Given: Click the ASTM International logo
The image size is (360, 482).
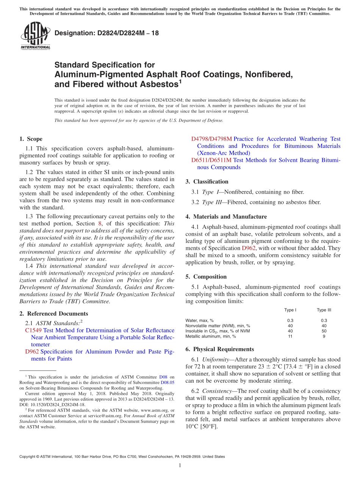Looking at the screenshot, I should click(x=35, y=36).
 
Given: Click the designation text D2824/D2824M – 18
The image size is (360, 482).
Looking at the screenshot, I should click(x=106, y=33).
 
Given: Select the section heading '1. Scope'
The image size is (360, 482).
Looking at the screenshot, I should click(x=31, y=139).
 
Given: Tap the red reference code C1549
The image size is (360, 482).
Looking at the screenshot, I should click(x=33, y=330).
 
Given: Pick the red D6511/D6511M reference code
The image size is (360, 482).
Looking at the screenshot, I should click(x=211, y=160).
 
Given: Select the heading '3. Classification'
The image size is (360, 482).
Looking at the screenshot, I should click(x=207, y=182).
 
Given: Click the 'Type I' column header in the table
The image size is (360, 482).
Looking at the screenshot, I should click(x=290, y=310).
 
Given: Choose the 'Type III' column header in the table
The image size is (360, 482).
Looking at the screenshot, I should click(x=324, y=310).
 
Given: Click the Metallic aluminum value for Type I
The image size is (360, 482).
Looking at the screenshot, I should click(x=290, y=336).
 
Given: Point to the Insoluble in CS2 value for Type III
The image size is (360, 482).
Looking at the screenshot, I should click(x=324, y=331).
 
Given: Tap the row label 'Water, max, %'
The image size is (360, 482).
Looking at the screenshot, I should click(x=199, y=320).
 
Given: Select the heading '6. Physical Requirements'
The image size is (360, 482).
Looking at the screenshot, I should click(x=220, y=349).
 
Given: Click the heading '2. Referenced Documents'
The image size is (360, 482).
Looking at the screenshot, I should click(x=54, y=313).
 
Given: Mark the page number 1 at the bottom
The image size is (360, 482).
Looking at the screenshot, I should click(x=180, y=465).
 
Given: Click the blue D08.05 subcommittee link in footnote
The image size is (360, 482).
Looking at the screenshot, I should click(x=167, y=382).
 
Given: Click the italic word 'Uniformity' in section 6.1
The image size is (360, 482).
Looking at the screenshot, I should click(x=214, y=359).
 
